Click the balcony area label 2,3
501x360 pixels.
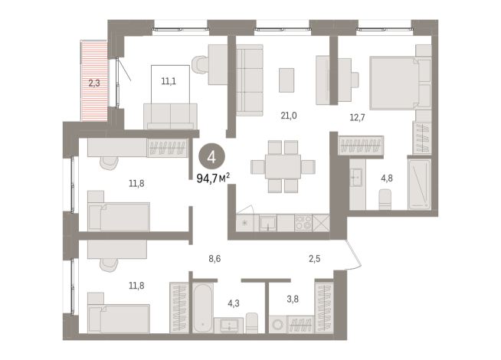pos(94,83)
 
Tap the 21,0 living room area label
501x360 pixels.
pos(289,116)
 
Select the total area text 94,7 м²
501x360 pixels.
pos(213,178)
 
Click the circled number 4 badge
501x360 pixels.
pos(211,156)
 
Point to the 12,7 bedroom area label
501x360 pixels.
pos(357,117)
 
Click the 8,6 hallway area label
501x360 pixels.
pos(214,258)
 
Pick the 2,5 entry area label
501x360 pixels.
pos(314,258)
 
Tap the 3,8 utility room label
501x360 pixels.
pos(293,299)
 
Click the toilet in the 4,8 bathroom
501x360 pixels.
pos(385,199)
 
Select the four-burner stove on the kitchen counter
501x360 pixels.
pos(303,223)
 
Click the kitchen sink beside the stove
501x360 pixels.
pos(268,223)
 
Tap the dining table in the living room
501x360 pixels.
pos(283,166)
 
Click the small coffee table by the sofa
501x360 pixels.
pos(287,80)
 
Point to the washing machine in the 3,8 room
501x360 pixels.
pos(277,325)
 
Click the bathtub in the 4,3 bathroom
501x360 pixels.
pos(203,308)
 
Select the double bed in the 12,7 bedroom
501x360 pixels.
pos(400,83)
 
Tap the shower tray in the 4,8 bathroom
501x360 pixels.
pos(420,185)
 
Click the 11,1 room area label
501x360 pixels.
pos(169,81)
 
